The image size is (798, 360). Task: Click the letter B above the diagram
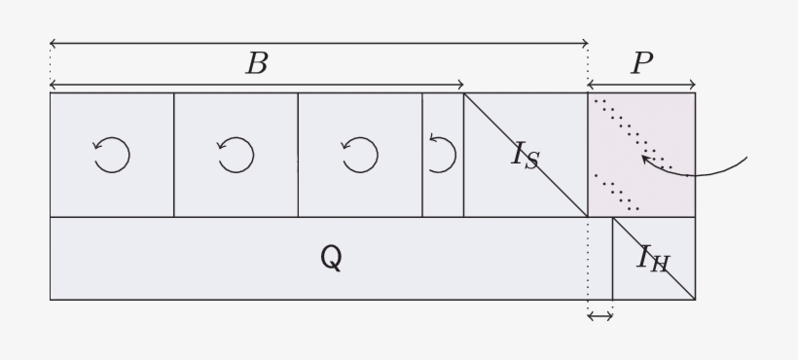pyautogui.click(x=256, y=64)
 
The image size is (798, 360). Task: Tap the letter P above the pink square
pyautogui.click(x=641, y=64)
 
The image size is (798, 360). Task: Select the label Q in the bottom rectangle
pyautogui.click(x=331, y=258)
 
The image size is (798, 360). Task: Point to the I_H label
pyautogui.click(x=653, y=258)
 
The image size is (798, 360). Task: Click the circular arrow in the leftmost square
pyautogui.click(x=112, y=155)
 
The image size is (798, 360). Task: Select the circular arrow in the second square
pyautogui.click(x=236, y=155)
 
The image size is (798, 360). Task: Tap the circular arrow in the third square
pyautogui.click(x=360, y=155)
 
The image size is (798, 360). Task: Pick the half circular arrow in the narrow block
pyautogui.click(x=442, y=155)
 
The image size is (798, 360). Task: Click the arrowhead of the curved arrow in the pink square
pyautogui.click(x=645, y=158)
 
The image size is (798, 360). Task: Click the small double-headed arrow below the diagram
pyautogui.click(x=600, y=315)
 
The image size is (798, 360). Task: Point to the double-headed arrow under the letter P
pyautogui.click(x=641, y=86)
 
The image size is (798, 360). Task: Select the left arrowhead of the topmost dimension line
pyautogui.click(x=53, y=44)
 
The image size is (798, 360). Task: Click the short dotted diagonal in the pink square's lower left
pyautogui.click(x=617, y=193)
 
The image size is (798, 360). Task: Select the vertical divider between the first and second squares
pyautogui.click(x=174, y=155)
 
